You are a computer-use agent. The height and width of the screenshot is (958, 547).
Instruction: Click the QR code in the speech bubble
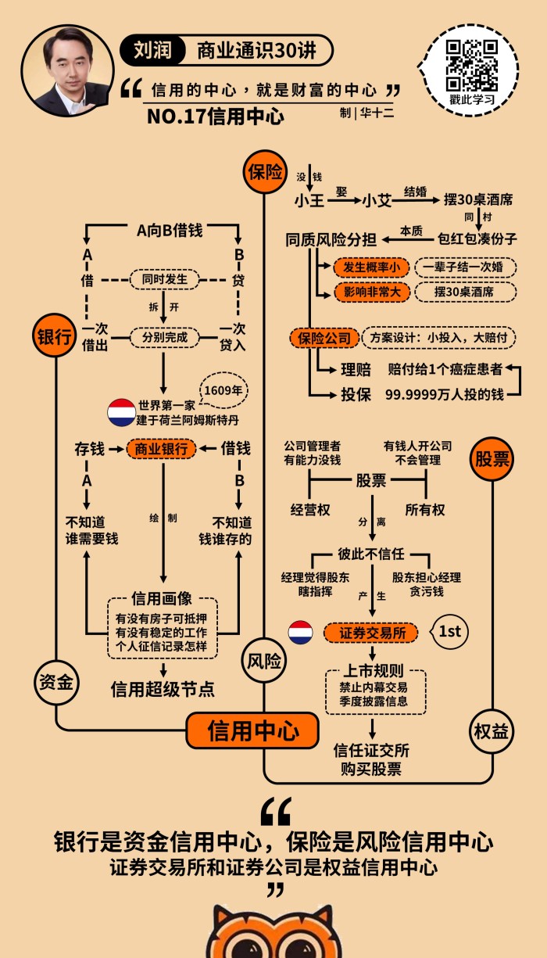point(472,66)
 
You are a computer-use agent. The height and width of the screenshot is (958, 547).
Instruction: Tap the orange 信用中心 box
point(252,731)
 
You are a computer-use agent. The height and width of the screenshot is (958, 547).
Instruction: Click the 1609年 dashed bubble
point(223,389)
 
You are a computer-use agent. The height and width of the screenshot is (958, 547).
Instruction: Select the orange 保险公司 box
point(325,338)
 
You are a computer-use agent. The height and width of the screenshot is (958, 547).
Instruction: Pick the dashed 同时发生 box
point(164,279)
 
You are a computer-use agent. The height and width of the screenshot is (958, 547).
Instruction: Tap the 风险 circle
point(264,662)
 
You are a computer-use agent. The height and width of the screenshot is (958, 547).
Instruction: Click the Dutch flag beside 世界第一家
point(121,412)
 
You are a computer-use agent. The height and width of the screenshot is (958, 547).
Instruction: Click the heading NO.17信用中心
point(215,117)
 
